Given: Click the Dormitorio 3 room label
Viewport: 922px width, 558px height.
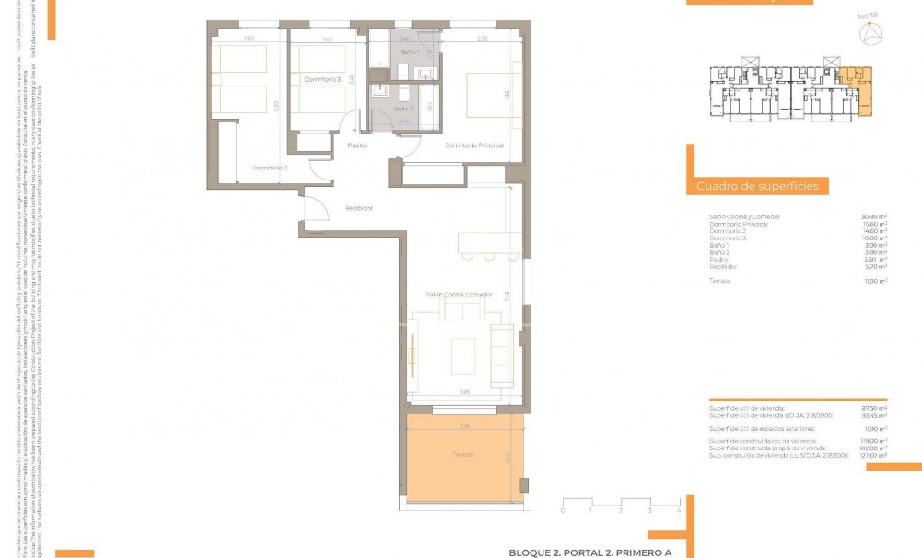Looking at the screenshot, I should (x=322, y=80).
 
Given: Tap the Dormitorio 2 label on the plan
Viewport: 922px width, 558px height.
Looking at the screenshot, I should (x=270, y=168).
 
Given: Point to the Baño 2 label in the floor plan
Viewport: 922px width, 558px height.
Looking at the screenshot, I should (x=403, y=109).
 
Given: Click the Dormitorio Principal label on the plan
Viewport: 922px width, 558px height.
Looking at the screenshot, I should (x=474, y=146).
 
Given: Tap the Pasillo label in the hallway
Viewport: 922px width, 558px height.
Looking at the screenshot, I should (x=357, y=145).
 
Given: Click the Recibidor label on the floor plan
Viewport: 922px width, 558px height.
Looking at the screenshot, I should (x=359, y=208).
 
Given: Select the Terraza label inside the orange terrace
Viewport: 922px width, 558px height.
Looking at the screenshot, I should (x=463, y=455).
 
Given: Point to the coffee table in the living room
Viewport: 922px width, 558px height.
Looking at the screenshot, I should (x=463, y=355).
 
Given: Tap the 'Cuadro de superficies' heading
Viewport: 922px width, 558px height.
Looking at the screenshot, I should (x=757, y=187).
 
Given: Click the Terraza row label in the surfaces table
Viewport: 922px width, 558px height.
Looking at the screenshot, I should (x=720, y=281).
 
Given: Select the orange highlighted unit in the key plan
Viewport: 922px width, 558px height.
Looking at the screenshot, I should (x=859, y=89).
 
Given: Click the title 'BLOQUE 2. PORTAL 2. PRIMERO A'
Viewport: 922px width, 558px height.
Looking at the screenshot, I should (x=590, y=552).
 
